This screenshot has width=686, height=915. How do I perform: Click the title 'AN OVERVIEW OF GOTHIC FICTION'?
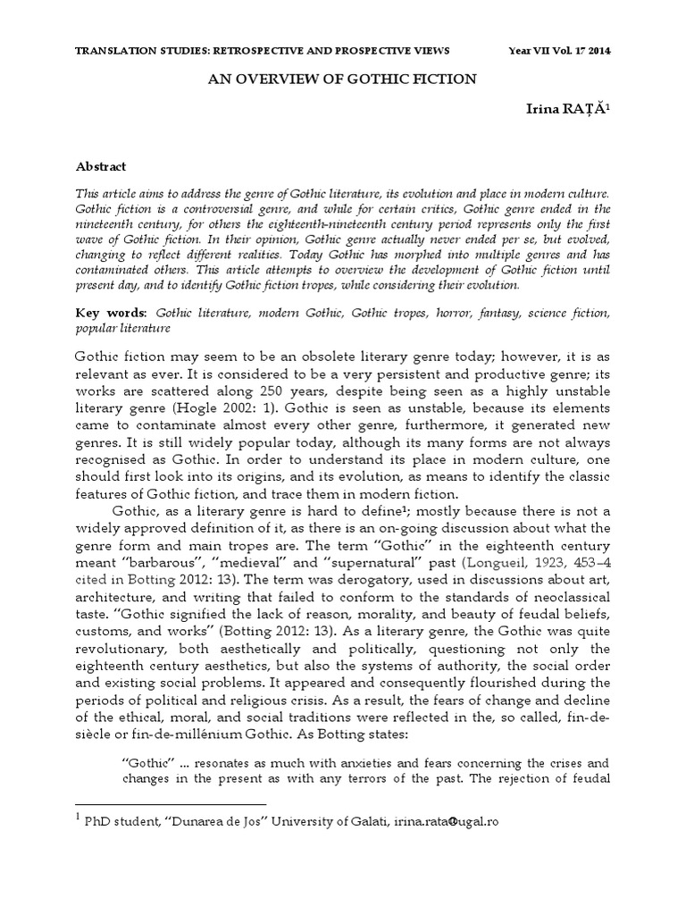point(343,79)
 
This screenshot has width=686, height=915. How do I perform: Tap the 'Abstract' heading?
point(101,166)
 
